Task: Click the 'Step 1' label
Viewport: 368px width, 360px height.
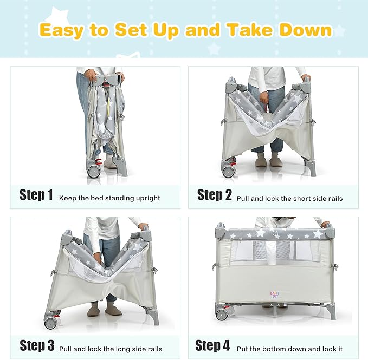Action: (x=36, y=194)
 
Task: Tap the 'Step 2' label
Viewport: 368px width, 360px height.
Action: (x=215, y=194)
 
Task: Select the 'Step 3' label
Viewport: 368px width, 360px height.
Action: (x=37, y=345)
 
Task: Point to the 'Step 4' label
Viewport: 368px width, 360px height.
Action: (x=212, y=345)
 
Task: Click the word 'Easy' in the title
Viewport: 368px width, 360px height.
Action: (x=61, y=30)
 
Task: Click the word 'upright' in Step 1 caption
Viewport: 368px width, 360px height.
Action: (x=148, y=198)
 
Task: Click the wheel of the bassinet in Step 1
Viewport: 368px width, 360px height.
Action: (x=94, y=171)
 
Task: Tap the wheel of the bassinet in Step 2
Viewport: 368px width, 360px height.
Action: (x=228, y=172)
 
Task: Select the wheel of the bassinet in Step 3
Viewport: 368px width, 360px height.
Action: (x=51, y=323)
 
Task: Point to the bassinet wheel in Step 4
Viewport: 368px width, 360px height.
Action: (x=222, y=315)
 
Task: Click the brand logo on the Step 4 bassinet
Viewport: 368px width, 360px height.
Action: (x=274, y=294)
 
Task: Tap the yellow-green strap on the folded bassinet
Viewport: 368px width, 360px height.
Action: (x=108, y=106)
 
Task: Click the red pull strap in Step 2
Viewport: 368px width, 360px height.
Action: (x=266, y=108)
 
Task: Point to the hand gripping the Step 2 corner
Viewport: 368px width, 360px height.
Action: (x=306, y=77)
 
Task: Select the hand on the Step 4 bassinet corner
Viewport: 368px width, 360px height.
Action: (x=325, y=225)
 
